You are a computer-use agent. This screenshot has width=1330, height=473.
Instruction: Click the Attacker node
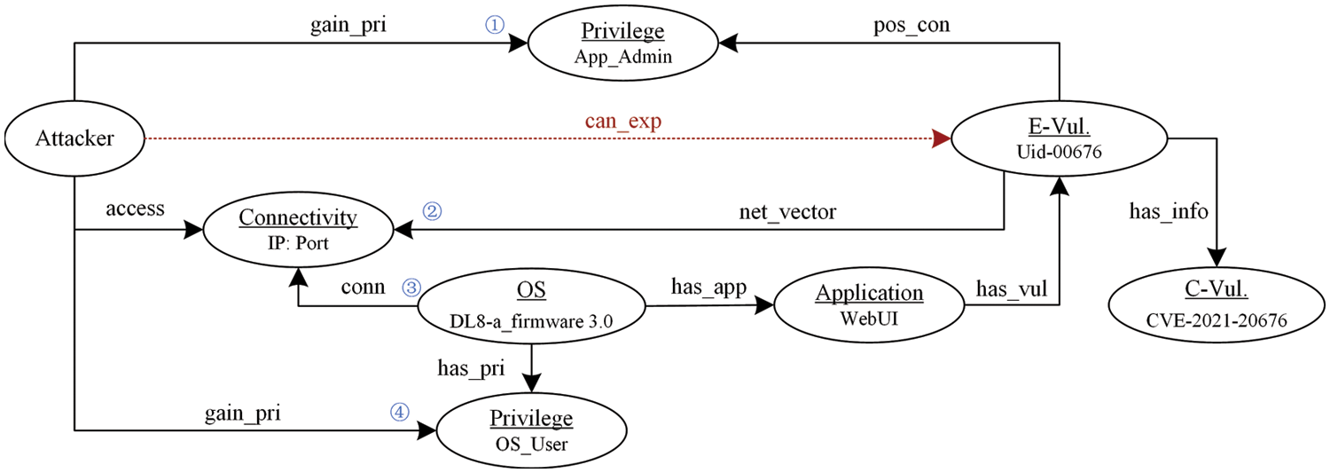[x=74, y=138]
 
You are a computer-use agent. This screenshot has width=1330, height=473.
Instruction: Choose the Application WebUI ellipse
[x=869, y=307]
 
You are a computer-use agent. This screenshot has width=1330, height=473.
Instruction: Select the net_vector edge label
[x=787, y=213]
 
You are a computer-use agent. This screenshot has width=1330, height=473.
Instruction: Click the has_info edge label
[x=1167, y=212]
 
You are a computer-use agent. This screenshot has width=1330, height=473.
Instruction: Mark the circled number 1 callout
[x=494, y=25]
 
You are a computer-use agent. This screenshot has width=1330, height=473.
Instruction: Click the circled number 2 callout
[x=433, y=211]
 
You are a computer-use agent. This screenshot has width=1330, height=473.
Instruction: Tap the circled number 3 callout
[x=411, y=287]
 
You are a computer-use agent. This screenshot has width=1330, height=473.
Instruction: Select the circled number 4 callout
[x=400, y=412]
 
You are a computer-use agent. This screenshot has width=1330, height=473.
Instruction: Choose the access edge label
[x=135, y=209]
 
